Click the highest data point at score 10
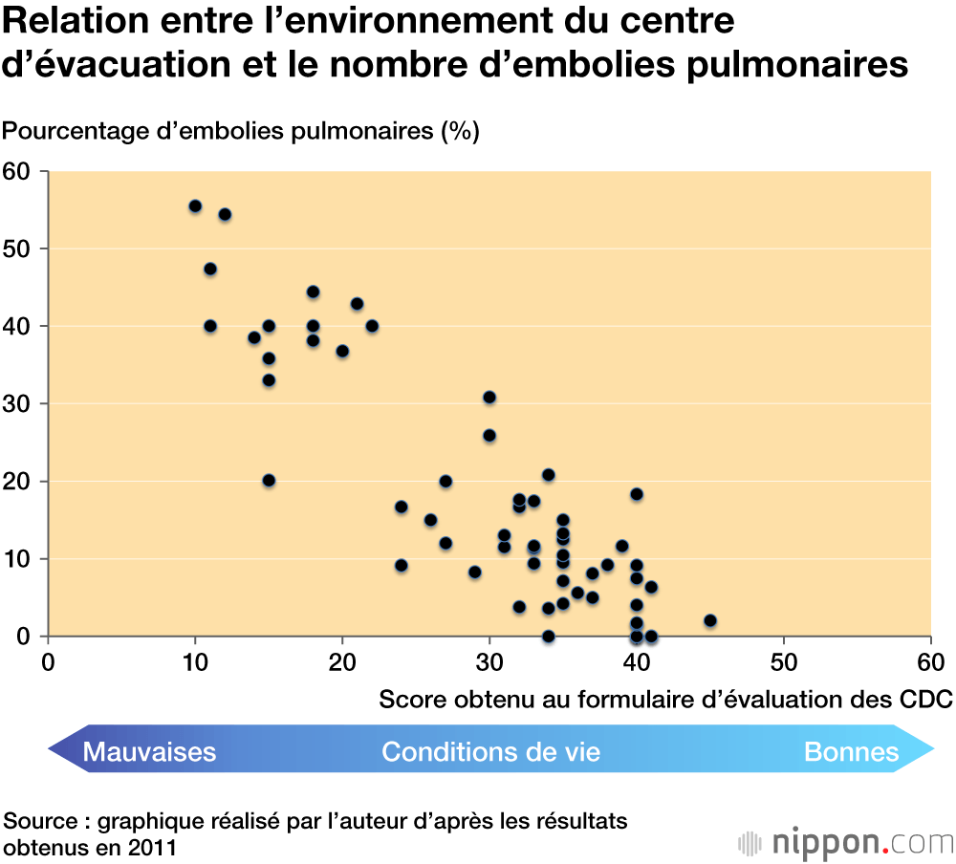coord(195,205)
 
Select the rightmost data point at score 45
coord(709,620)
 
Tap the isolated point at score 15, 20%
coord(269,480)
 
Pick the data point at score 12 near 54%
coord(225,214)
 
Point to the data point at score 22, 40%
coord(372,326)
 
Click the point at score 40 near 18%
coord(637,494)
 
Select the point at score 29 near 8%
coord(474,572)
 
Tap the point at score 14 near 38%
coord(254,337)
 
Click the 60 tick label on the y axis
coord(17,171)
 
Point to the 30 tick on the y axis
coord(17,403)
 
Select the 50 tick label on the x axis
coord(784,661)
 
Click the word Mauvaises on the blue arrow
coord(149,752)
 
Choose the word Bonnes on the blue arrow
coord(852,752)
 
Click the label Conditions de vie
coord(490,752)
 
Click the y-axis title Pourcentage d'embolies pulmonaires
coord(241,131)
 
